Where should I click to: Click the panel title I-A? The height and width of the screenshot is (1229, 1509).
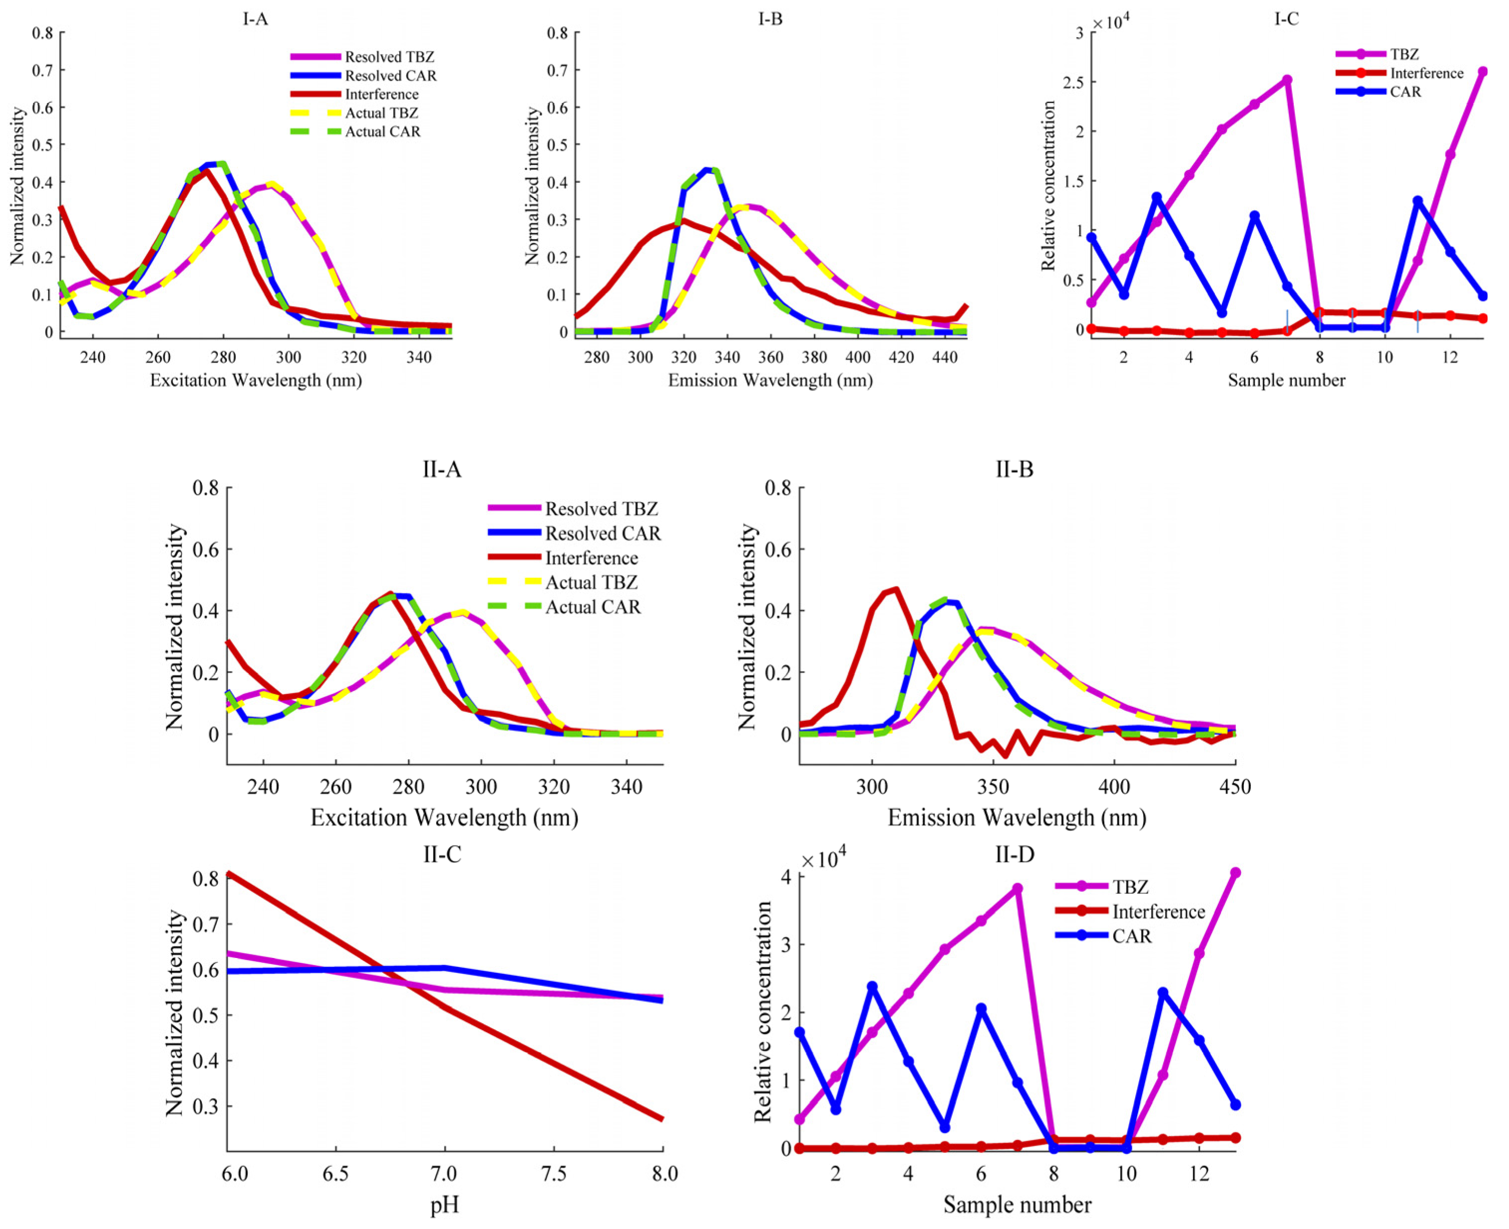255,19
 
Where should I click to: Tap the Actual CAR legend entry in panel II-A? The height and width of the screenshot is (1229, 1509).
592,607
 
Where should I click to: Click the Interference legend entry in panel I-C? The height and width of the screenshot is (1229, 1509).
1425,73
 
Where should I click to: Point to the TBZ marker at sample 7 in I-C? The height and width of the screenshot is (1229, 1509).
1287,80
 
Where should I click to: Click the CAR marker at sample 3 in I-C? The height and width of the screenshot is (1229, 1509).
1156,197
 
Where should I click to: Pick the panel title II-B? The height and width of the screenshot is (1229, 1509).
1014,469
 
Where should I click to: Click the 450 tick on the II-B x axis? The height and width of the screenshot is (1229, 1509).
1235,787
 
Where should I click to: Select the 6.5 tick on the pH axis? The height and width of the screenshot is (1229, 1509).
336,1173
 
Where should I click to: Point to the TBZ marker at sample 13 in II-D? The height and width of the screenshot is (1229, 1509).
1235,873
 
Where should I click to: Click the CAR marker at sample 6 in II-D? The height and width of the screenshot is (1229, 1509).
981,1008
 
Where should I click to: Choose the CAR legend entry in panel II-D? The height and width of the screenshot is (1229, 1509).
1131,936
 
